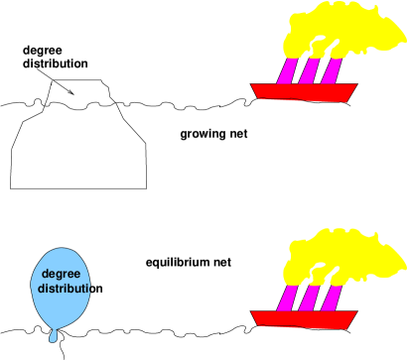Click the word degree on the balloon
click(x=62, y=274)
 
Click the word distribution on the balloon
click(x=65, y=289)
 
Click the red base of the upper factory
click(x=304, y=92)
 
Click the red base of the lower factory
click(x=304, y=318)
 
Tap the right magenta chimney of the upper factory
click(x=331, y=70)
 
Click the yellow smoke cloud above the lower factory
click(x=342, y=258)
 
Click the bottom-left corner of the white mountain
click(x=12, y=186)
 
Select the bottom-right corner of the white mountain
click(x=145, y=186)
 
